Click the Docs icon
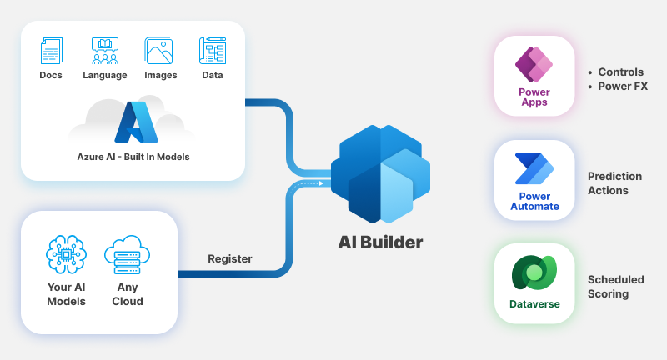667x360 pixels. click(x=51, y=51)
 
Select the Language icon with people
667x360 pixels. click(x=105, y=51)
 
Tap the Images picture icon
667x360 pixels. click(x=158, y=51)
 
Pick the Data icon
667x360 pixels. click(x=213, y=51)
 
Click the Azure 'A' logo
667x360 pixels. click(x=136, y=122)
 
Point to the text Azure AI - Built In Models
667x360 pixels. click(x=133, y=156)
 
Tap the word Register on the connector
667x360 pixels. click(x=229, y=258)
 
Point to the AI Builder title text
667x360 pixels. click(x=380, y=242)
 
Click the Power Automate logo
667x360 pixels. click(x=534, y=170)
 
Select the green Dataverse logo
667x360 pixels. click(x=534, y=273)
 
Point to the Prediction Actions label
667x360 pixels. click(x=614, y=183)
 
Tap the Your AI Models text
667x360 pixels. click(x=67, y=294)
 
